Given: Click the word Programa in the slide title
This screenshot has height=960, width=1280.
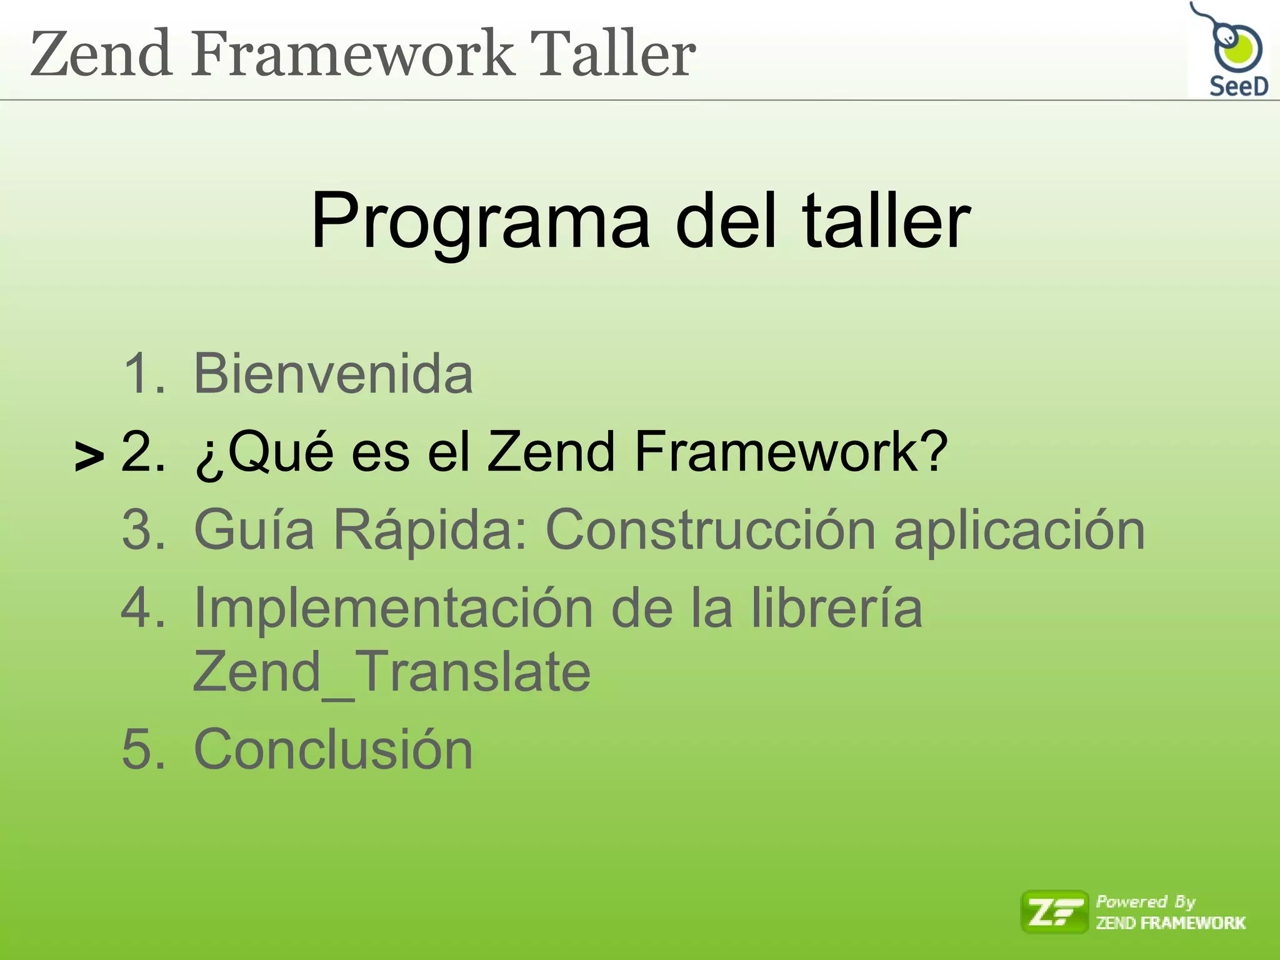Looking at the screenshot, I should coord(480,221).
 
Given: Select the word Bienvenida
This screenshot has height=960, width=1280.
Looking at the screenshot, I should coord(333,374).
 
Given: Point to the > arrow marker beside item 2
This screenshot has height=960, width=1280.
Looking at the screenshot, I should coord(89,457).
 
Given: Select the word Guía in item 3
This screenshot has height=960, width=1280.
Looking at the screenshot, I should coord(254,530).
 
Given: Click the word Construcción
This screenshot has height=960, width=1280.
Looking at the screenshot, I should coord(711,530).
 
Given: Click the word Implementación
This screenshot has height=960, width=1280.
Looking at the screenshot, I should coord(393,609).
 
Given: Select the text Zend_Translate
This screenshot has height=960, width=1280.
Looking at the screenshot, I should coord(391,672).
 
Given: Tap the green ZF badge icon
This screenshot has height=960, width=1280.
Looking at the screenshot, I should coord(1054,912).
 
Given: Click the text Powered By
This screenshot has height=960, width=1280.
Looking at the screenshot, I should coord(1145,902).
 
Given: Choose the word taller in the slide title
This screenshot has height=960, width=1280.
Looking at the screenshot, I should coord(886,221).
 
